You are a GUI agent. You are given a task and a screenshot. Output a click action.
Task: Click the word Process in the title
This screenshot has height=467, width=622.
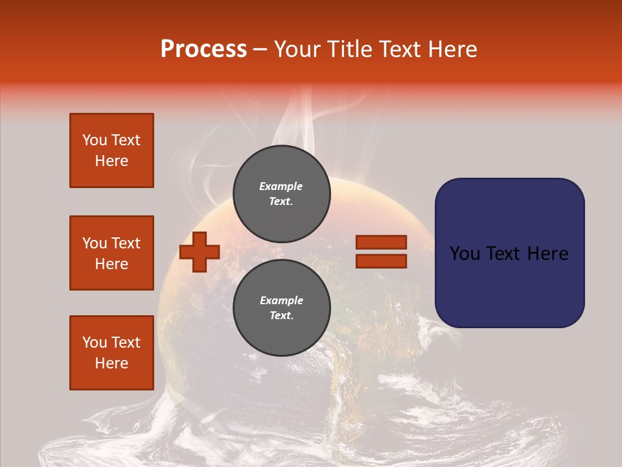[203, 49]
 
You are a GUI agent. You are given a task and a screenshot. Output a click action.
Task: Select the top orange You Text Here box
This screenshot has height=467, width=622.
[111, 150]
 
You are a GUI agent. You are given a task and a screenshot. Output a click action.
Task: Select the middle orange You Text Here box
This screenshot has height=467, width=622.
[111, 253]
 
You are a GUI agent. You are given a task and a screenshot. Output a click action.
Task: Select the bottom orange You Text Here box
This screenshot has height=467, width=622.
[111, 353]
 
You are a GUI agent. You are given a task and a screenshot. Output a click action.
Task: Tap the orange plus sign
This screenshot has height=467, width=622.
[199, 252]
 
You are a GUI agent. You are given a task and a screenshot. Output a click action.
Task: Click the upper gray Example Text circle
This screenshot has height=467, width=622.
[282, 193]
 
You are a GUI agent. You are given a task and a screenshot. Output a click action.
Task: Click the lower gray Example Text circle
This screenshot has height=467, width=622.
[282, 307]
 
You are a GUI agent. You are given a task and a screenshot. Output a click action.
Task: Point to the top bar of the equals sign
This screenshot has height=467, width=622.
[381, 242]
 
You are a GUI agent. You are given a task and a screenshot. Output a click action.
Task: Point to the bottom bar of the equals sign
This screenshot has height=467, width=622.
[381, 261]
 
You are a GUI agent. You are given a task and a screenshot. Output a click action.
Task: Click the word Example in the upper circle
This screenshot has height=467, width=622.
[281, 186]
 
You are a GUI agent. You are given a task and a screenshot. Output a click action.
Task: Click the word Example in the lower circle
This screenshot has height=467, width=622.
[281, 300]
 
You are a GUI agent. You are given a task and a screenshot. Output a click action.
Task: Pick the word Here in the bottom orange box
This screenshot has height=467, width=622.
[111, 363]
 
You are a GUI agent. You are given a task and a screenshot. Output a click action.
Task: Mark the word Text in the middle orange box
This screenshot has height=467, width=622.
[126, 243]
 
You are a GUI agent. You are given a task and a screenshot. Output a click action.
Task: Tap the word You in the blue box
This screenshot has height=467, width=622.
[465, 253]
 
